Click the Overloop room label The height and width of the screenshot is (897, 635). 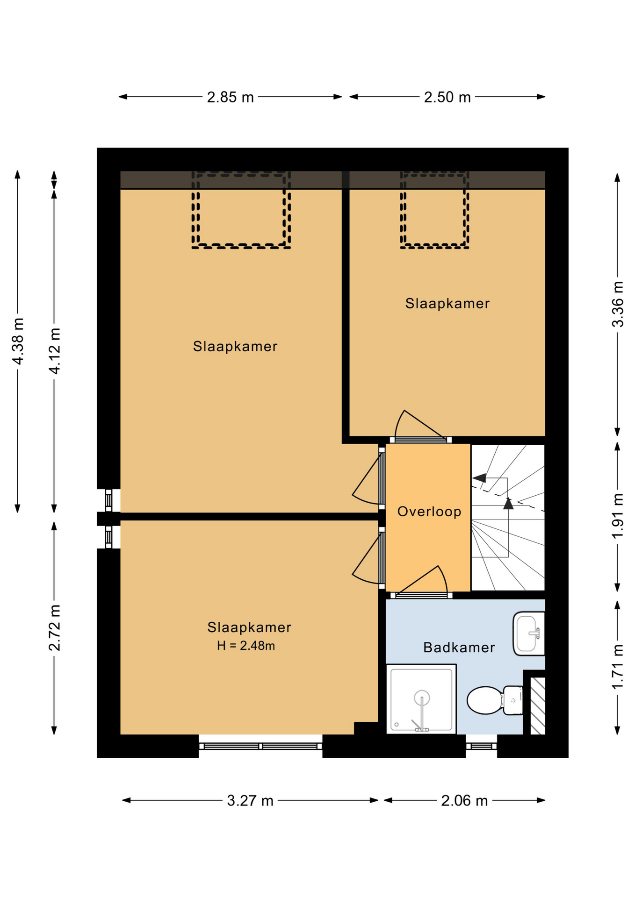[x=429, y=512]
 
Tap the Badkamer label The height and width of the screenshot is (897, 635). [x=459, y=648]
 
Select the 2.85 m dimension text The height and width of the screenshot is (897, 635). [x=230, y=97]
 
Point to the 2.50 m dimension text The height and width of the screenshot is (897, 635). [x=447, y=97]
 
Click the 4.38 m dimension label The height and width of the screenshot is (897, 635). [x=18, y=341]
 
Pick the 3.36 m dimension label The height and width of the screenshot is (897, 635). [x=618, y=304]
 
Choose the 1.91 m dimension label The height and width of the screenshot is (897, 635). [x=618, y=516]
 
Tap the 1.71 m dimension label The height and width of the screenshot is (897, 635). [x=618, y=667]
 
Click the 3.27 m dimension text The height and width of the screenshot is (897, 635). [x=250, y=801]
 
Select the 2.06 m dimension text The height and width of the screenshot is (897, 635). [x=464, y=801]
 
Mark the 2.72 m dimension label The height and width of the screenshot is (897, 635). [x=54, y=627]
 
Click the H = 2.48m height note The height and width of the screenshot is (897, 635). [x=246, y=646]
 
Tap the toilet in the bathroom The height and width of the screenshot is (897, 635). [x=495, y=700]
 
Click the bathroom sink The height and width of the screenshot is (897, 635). [x=529, y=633]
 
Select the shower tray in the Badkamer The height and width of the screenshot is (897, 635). [x=421, y=699]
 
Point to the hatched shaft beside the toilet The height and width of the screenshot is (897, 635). [x=537, y=705]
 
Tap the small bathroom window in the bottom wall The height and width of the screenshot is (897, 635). [x=481, y=746]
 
